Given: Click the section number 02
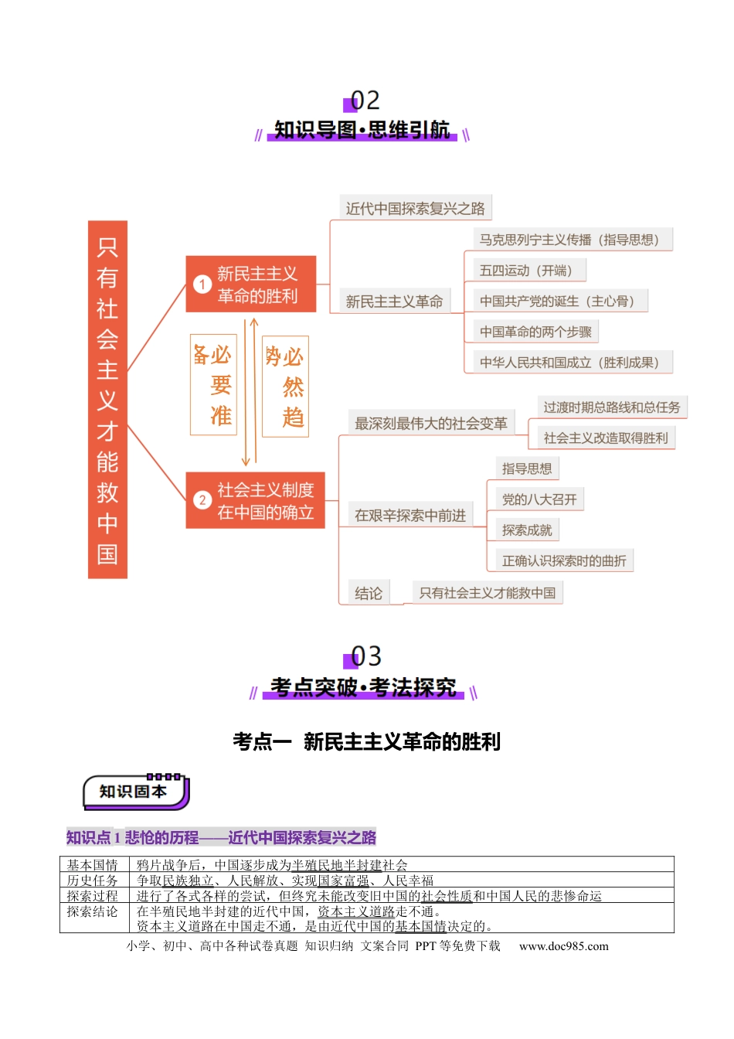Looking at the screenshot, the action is pyautogui.click(x=365, y=100).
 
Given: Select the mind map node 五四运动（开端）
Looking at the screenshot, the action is pyautogui.click(x=529, y=271).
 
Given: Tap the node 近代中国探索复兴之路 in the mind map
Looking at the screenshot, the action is pyautogui.click(x=415, y=208).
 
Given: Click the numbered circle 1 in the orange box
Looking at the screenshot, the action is pyautogui.click(x=202, y=284).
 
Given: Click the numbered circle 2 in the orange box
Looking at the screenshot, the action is pyautogui.click(x=202, y=500).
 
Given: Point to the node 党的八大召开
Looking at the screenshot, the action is pyautogui.click(x=539, y=499).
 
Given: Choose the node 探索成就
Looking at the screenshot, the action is pyautogui.click(x=527, y=530).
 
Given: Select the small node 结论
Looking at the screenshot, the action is pyautogui.click(x=369, y=593).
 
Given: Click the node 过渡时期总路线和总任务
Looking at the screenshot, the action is pyautogui.click(x=612, y=407).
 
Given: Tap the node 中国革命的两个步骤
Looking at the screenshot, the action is pyautogui.click(x=535, y=332).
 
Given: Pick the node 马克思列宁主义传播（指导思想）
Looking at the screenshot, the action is pyautogui.click(x=573, y=240).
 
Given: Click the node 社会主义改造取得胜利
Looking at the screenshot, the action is pyautogui.click(x=606, y=438).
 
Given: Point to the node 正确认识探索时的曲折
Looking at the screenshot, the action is pyautogui.click(x=564, y=560).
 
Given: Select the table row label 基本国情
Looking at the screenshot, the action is pyautogui.click(x=92, y=864).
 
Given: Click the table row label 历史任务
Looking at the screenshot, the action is pyautogui.click(x=92, y=880).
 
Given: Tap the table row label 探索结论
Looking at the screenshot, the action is pyautogui.click(x=92, y=911).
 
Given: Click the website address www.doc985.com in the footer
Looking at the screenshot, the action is pyautogui.click(x=564, y=946).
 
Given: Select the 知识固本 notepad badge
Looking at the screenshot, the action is pyautogui.click(x=136, y=792).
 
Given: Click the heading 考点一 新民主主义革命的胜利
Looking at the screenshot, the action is pyautogui.click(x=367, y=741).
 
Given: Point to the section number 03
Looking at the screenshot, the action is pyautogui.click(x=365, y=656).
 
